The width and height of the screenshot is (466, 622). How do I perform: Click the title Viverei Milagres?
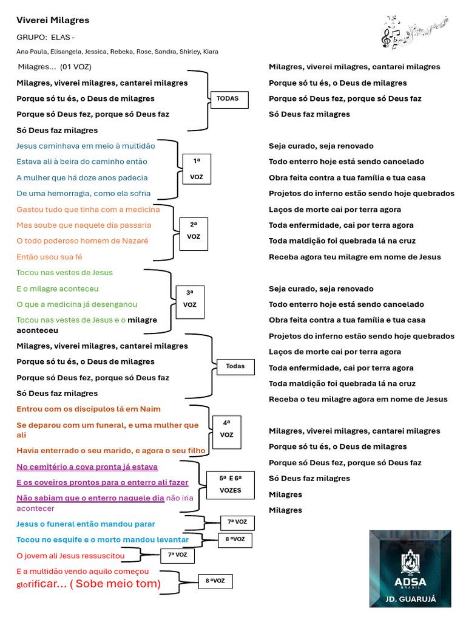(x=53, y=20)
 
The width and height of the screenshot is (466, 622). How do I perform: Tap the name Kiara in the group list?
(x=211, y=52)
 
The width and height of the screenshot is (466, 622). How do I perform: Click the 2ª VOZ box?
(x=194, y=231)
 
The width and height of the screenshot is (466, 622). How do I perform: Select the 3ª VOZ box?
(x=191, y=299)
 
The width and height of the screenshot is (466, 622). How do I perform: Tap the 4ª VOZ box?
(x=227, y=429)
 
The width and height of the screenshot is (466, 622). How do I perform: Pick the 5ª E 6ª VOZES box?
(x=231, y=485)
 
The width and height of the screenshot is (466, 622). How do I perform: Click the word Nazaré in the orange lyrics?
(x=134, y=241)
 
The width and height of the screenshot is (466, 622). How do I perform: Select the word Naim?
(x=150, y=409)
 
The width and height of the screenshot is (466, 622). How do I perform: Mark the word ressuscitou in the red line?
(x=102, y=555)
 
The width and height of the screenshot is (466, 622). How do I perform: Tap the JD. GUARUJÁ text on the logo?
(x=410, y=599)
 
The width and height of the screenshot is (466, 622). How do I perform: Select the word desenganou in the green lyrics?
(x=115, y=304)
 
